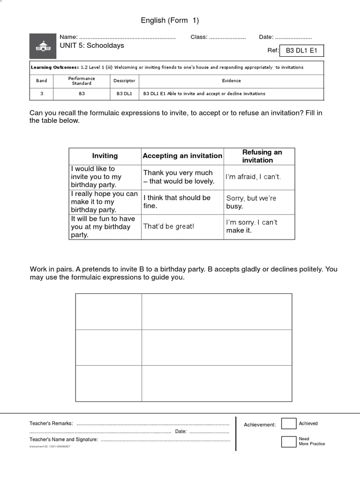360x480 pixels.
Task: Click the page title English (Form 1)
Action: (x=170, y=20)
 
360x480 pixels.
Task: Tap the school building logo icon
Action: (x=43, y=46)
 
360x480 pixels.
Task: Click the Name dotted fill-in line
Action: (x=127, y=37)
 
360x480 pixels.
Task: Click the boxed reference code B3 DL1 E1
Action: (x=301, y=51)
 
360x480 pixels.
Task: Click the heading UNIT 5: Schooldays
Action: (x=91, y=46)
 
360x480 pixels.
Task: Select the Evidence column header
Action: (x=232, y=81)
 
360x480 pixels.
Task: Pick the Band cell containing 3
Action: (x=42, y=94)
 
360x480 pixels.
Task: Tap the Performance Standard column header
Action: (x=82, y=81)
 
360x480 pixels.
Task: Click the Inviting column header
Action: (x=105, y=156)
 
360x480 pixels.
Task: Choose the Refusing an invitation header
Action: (x=259, y=156)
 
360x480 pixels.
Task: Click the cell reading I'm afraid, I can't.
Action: (x=253, y=177)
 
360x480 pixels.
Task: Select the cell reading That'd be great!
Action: (x=169, y=226)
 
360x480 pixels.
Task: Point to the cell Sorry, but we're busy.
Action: (x=251, y=202)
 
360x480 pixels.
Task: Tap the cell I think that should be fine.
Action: (x=177, y=202)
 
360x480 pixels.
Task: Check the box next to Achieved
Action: (x=288, y=424)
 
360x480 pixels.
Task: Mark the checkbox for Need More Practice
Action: (x=288, y=442)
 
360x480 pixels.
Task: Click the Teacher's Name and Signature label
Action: (x=64, y=440)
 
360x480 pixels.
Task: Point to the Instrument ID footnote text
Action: (x=50, y=447)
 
